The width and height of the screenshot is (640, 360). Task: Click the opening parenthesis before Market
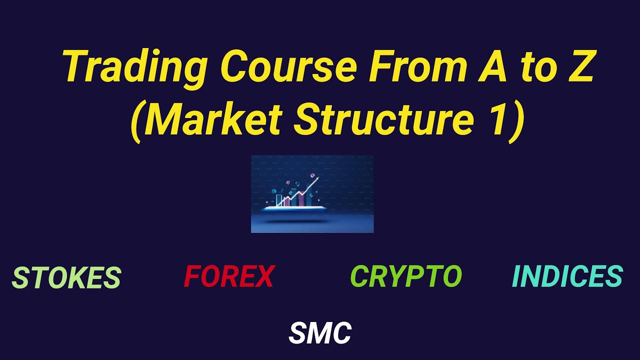click(x=138, y=122)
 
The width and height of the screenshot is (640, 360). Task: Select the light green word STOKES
click(x=66, y=278)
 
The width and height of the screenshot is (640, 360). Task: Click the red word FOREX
click(x=229, y=276)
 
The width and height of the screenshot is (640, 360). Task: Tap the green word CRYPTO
click(x=406, y=276)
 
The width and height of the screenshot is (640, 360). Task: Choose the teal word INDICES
click(x=567, y=276)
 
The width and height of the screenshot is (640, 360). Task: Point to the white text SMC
click(x=320, y=333)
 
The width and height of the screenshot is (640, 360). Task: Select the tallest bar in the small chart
click(x=308, y=196)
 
